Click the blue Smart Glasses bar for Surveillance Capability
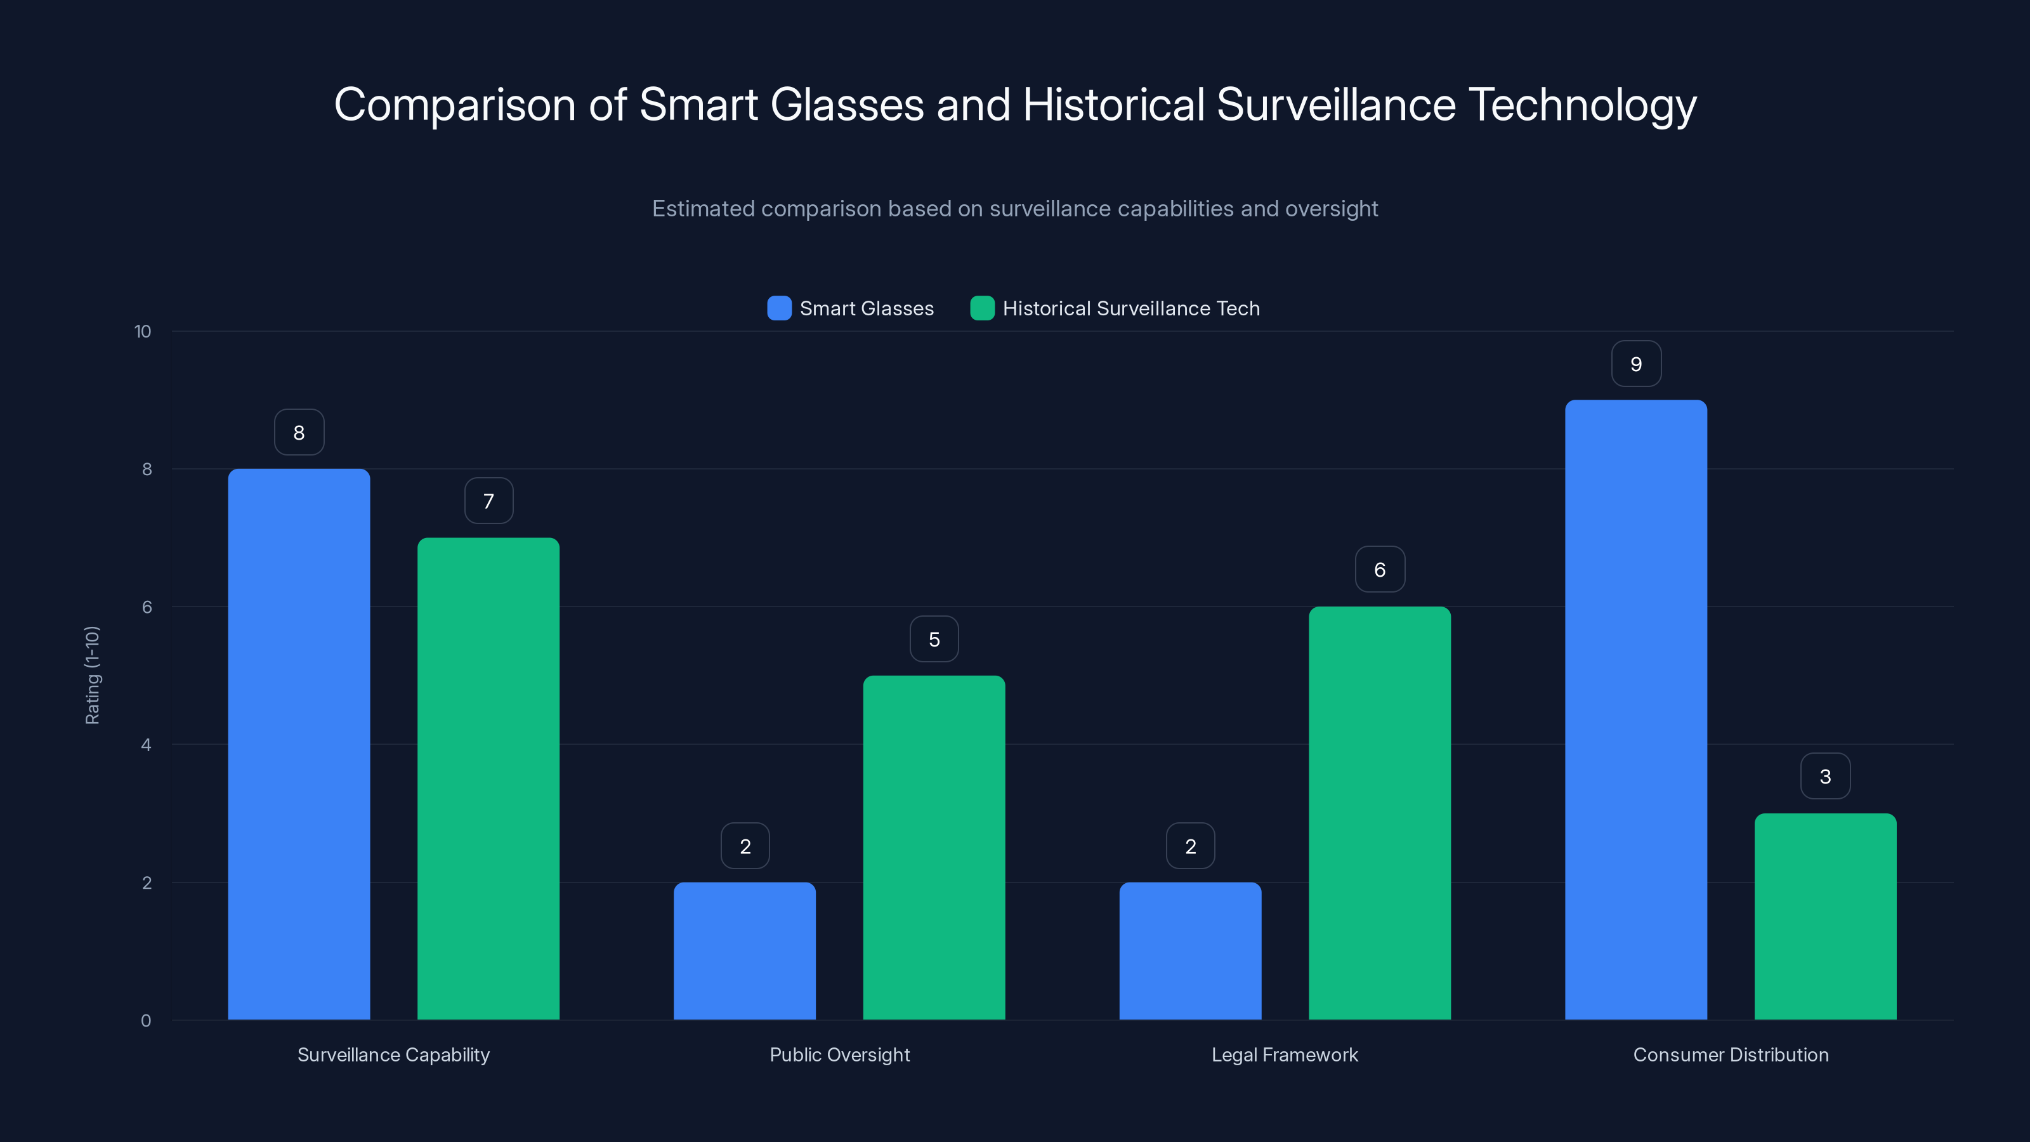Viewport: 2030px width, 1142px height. [x=299, y=744]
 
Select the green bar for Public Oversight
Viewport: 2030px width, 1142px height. [x=934, y=847]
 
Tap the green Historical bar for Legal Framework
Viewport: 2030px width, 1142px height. [x=1379, y=813]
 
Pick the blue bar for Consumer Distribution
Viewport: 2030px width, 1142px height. [x=1635, y=709]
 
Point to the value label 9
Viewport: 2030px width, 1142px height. [x=1636, y=364]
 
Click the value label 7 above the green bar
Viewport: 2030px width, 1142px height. [x=488, y=501]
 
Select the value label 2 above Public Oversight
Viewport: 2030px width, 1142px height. [x=745, y=846]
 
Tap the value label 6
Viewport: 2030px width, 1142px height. [x=1379, y=570]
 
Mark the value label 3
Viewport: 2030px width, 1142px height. [x=1825, y=777]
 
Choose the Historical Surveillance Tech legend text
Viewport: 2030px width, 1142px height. [x=1131, y=308]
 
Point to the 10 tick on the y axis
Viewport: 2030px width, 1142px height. [x=143, y=332]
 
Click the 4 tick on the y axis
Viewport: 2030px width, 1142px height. [x=146, y=745]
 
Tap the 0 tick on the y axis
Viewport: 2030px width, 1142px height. [x=146, y=1021]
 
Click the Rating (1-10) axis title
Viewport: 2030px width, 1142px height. [x=92, y=676]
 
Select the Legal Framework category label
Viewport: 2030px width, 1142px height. [x=1285, y=1054]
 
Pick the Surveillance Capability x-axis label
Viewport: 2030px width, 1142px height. [x=393, y=1054]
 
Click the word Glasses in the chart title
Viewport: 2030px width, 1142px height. [x=846, y=105]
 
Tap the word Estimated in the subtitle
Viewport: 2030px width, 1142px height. [x=703, y=209]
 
